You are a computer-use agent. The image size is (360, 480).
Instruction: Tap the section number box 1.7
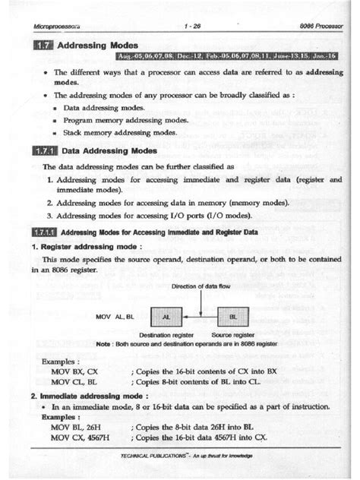coord(42,46)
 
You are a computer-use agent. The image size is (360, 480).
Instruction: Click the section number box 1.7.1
coord(44,151)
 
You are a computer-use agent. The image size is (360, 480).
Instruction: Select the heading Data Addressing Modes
coord(109,151)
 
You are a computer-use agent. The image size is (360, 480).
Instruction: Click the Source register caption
coord(232,334)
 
